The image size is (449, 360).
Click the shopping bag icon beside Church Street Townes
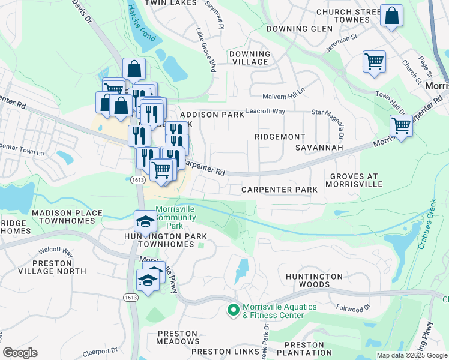(391, 17)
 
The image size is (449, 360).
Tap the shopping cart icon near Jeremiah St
(373, 62)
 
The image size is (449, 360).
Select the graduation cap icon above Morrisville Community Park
(145, 223)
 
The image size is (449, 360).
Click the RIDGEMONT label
(280, 137)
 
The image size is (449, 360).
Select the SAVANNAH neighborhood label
(319, 147)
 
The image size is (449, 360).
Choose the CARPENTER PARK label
(279, 190)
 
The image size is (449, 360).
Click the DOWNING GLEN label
(299, 29)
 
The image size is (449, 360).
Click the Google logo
(20, 353)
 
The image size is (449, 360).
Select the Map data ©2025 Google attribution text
(411, 355)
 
